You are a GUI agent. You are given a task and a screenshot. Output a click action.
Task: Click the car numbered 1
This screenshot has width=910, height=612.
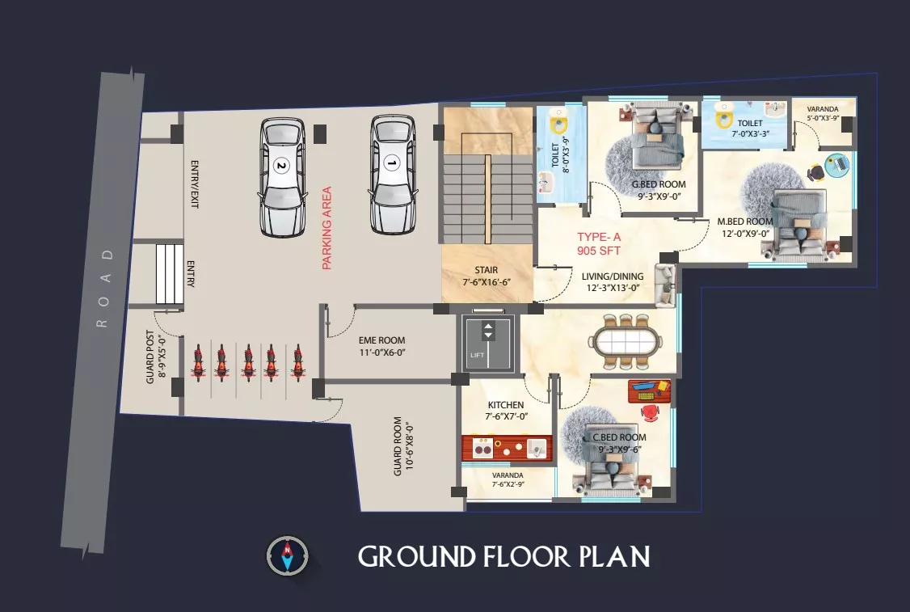[392, 174]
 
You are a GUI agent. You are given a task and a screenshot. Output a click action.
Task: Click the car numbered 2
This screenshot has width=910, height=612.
[283, 177]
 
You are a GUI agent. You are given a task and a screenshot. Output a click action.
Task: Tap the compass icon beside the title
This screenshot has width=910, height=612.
[287, 555]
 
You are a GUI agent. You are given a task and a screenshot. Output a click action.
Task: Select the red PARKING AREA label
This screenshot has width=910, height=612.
[327, 228]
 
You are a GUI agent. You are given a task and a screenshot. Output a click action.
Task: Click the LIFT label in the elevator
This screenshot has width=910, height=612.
[477, 355]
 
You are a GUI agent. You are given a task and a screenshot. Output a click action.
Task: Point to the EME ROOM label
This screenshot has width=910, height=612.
[382, 340]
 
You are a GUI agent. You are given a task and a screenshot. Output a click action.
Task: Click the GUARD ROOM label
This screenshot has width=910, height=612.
[398, 446]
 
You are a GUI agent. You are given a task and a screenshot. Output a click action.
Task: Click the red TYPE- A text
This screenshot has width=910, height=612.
[599, 237]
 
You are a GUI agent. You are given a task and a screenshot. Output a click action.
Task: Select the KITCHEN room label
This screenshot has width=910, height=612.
[505, 405]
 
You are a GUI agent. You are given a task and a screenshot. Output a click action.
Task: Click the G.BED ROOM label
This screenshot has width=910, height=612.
[659, 184]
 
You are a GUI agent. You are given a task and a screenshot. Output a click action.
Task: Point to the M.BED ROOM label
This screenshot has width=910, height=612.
[744, 222]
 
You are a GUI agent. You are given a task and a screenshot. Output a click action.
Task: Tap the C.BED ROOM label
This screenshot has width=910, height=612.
[619, 437]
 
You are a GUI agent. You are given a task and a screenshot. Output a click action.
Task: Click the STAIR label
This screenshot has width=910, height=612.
[487, 270]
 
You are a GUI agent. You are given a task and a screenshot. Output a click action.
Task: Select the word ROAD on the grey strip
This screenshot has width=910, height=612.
[104, 288]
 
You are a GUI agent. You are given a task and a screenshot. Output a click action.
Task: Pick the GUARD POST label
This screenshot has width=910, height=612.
[150, 357]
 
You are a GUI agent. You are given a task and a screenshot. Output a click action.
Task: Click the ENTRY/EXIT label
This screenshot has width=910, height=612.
[195, 184]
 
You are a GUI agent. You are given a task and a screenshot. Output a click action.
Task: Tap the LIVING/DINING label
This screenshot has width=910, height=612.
[613, 276]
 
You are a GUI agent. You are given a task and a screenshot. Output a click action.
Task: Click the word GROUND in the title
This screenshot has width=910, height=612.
[417, 556]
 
